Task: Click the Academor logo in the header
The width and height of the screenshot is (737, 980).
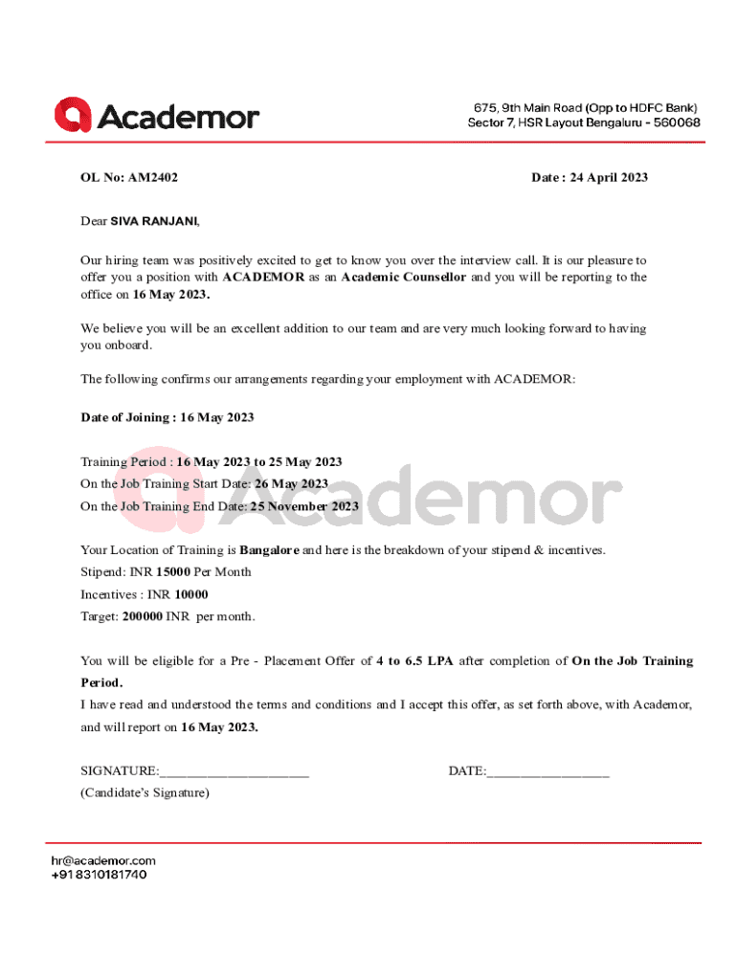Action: point(157,117)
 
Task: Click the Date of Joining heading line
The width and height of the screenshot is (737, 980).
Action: point(167,418)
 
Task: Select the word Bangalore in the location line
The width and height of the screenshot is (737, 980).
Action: point(269,550)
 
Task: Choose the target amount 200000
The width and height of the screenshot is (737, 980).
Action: point(143,616)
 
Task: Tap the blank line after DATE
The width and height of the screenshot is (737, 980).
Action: point(547,772)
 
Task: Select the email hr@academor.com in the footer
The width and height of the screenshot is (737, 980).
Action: point(103,860)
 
